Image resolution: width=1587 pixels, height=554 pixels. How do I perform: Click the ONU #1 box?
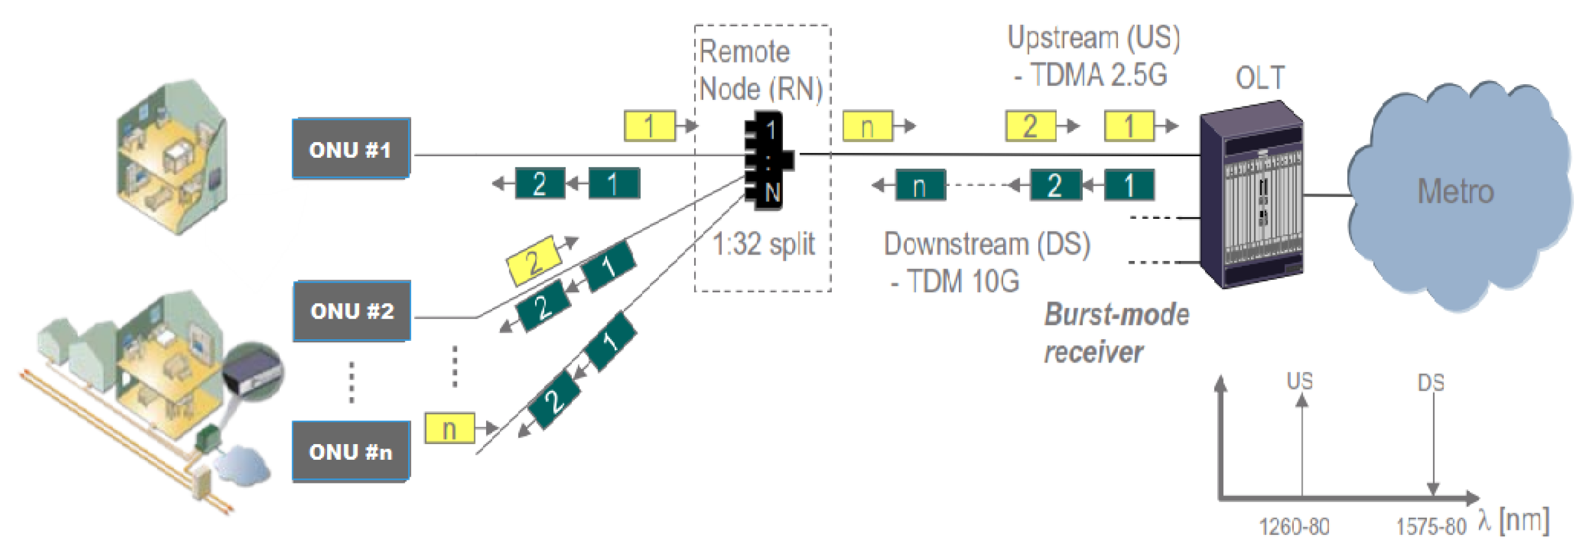(351, 149)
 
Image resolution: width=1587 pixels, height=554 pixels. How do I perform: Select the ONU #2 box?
(352, 311)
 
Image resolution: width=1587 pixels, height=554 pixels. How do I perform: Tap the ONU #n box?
(351, 452)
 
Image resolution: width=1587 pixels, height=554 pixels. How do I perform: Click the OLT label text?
(1260, 78)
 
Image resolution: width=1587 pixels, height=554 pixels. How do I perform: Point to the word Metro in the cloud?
(1455, 191)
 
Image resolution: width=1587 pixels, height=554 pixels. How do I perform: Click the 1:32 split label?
(763, 244)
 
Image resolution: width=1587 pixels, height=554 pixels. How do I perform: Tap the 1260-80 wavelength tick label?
(1294, 527)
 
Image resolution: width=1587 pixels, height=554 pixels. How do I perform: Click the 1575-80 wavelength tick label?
(1430, 527)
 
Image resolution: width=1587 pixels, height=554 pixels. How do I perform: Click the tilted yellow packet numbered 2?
(534, 261)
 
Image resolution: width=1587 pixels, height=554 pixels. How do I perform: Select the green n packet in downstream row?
(920, 186)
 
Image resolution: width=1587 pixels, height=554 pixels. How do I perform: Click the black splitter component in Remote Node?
(768, 160)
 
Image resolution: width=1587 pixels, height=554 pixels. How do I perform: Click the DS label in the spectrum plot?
(1430, 383)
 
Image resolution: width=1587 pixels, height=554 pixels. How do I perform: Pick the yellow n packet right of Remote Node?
(868, 127)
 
